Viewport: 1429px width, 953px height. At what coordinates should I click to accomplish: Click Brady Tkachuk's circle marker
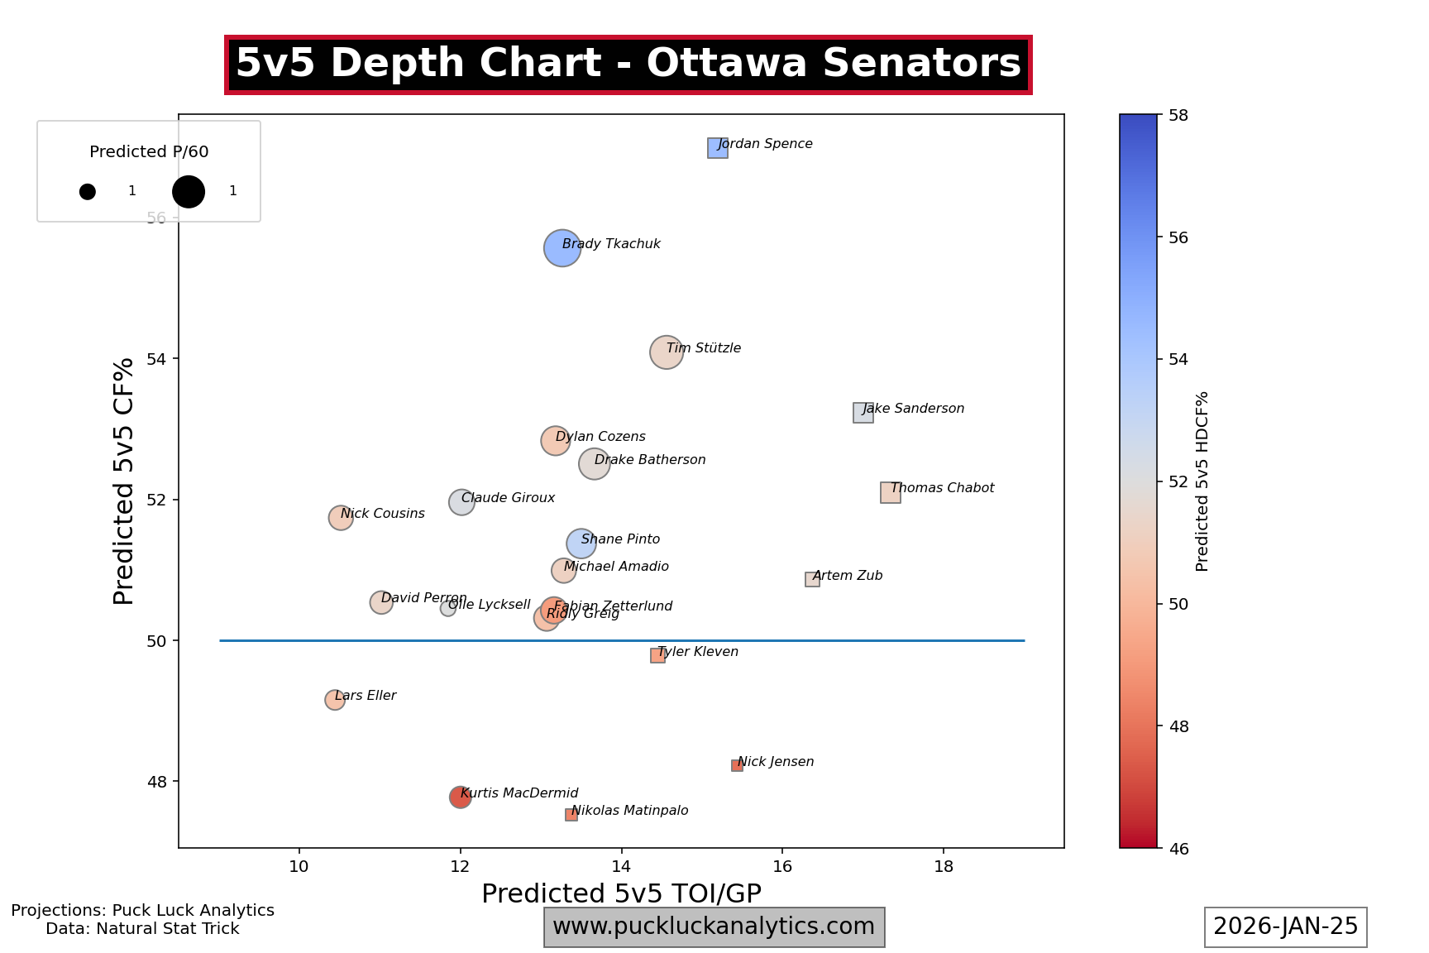pos(562,248)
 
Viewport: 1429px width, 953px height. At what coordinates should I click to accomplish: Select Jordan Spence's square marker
pos(718,148)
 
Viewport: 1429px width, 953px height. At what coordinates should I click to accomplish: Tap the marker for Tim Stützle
pos(667,352)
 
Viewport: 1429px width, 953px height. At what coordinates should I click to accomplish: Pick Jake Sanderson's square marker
pos(863,413)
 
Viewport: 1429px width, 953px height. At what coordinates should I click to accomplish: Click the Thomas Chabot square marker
pos(891,493)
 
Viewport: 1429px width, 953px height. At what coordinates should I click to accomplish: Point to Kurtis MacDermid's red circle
pos(461,797)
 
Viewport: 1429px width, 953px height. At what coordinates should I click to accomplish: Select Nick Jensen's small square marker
pos(737,766)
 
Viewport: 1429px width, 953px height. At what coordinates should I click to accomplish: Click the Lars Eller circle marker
pos(335,700)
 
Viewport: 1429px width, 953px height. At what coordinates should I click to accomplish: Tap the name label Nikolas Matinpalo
pos(630,811)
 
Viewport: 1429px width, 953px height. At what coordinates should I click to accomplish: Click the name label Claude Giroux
pos(508,498)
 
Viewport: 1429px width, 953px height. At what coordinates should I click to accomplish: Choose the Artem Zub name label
pos(848,576)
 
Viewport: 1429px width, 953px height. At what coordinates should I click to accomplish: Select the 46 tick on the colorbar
pos(1178,848)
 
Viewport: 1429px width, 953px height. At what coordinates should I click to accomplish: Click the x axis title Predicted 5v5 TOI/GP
pos(621,893)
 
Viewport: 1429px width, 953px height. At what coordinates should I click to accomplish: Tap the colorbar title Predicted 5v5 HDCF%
pos(1202,481)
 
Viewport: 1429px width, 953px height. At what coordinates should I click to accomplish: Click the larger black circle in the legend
pos(189,192)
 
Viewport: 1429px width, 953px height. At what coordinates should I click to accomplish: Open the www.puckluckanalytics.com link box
pos(714,927)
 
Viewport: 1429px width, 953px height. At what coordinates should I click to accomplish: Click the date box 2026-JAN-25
pos(1285,927)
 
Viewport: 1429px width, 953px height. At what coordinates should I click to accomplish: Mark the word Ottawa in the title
pos(726,64)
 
